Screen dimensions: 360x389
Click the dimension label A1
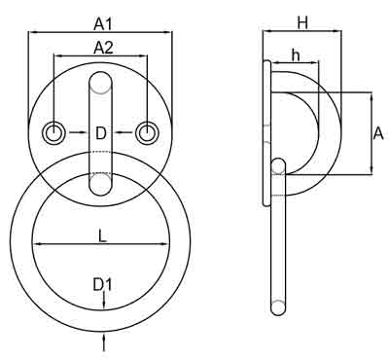click(101, 21)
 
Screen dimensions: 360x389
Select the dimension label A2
click(101, 47)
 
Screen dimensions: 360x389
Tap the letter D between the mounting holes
click(101, 132)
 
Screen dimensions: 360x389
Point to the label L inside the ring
click(101, 234)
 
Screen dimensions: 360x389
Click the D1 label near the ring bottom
click(103, 284)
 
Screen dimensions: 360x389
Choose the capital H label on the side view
click(302, 20)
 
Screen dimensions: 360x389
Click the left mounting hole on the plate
click(55, 131)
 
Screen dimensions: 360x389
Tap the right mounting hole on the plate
click(147, 131)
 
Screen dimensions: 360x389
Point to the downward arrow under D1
click(102, 303)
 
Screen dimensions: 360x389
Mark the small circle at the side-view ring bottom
click(279, 308)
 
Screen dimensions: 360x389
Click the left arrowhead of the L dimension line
click(36, 244)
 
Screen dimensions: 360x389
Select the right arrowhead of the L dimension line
click(167, 244)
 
